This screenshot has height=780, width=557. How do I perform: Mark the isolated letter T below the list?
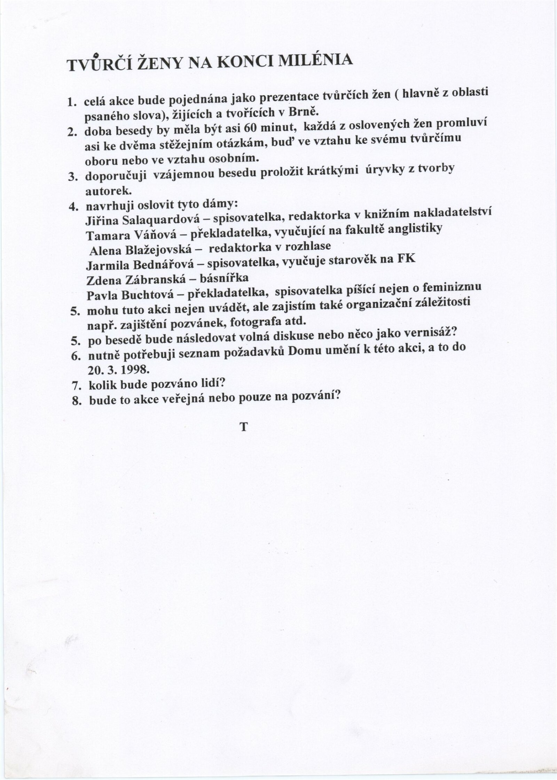pyautogui.click(x=243, y=427)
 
